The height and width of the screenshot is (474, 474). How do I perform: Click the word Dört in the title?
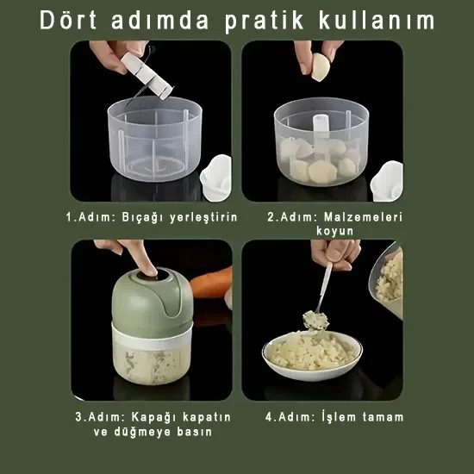click(x=68, y=21)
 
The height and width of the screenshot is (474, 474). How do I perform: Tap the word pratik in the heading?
click(x=264, y=22)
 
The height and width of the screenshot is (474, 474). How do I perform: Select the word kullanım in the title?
click(x=377, y=21)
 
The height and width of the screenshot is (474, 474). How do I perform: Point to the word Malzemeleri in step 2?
click(x=363, y=217)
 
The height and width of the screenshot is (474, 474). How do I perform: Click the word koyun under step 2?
click(x=334, y=232)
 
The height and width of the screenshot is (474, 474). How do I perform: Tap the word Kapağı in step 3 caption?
click(x=153, y=418)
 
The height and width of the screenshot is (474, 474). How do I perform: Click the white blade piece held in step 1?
click(x=147, y=76)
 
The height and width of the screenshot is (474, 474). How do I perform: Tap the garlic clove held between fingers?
click(x=321, y=67)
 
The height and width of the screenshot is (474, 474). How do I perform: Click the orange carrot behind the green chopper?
click(x=212, y=283)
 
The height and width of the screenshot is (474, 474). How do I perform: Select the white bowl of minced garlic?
click(x=312, y=356)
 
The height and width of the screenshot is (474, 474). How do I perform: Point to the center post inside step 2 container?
click(x=321, y=130)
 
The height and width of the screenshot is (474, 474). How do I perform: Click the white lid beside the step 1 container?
click(x=216, y=178)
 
